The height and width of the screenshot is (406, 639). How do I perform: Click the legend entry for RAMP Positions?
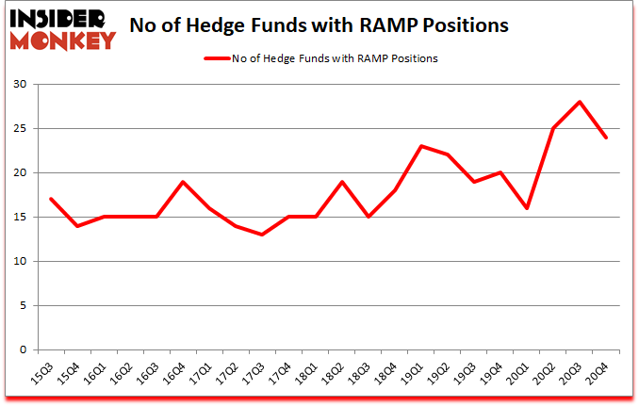(x=320, y=58)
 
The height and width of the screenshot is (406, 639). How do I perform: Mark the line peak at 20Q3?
(x=580, y=102)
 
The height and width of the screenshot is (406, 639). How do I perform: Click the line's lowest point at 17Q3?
(x=262, y=235)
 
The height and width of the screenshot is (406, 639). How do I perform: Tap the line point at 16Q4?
(x=183, y=182)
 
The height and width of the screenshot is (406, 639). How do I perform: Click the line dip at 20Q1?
(x=527, y=208)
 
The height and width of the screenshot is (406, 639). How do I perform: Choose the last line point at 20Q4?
(x=606, y=138)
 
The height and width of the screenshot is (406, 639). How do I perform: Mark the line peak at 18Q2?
(x=341, y=182)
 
